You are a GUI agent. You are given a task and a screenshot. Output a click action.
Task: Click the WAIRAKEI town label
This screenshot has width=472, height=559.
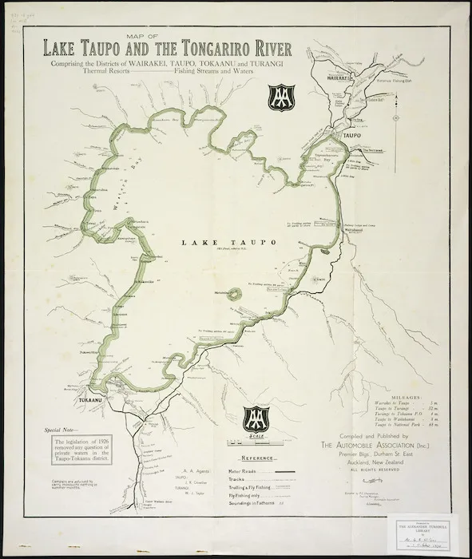pyautogui.click(x=339, y=79)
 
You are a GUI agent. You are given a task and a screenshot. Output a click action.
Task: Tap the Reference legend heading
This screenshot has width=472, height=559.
pyautogui.click(x=256, y=459)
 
